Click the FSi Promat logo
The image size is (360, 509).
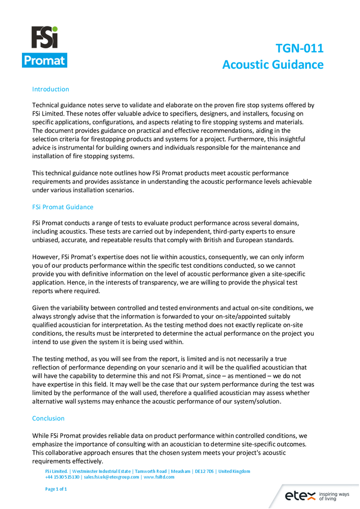coord(44,47)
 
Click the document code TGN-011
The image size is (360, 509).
coord(299,48)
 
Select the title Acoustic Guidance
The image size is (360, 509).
coord(273,65)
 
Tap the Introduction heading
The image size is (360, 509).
coord(50,89)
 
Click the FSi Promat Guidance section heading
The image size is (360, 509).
coord(63,207)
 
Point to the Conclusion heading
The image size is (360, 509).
coord(48,418)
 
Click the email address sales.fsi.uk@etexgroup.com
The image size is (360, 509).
coord(112,477)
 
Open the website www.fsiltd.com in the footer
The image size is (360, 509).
coord(159,477)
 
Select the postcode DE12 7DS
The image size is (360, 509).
coord(203,471)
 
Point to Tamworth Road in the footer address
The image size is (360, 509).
coord(151,471)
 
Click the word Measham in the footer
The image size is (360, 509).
coord(181,471)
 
